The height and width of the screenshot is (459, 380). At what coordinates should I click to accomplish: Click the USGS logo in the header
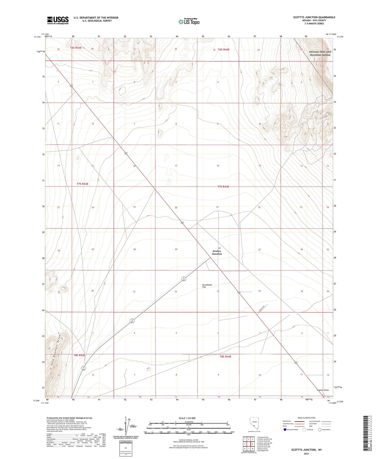[x=58, y=20]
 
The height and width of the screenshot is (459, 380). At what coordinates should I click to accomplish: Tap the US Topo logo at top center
[x=189, y=21]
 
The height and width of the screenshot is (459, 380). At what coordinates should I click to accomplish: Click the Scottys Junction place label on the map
[x=217, y=252]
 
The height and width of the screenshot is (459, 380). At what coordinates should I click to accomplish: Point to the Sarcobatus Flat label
[x=207, y=286]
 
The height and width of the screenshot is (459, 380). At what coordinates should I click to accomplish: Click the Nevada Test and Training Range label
[x=320, y=53]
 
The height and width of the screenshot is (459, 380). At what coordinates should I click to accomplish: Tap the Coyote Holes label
[x=323, y=390]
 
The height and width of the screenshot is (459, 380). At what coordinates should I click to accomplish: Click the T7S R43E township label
[x=83, y=184]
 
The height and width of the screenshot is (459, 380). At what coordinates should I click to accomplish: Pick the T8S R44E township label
[x=225, y=356]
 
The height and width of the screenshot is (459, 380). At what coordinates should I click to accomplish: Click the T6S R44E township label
[x=224, y=49]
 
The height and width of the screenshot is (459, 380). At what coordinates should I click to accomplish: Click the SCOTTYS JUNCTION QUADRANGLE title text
[x=314, y=17]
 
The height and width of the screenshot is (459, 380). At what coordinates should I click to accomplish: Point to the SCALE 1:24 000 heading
[x=187, y=418]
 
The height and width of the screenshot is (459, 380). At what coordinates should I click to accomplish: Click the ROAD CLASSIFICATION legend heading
[x=306, y=418]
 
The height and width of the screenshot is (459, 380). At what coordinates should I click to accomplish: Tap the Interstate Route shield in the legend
[x=285, y=430]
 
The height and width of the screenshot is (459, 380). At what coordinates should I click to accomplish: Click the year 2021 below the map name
[x=306, y=453]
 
